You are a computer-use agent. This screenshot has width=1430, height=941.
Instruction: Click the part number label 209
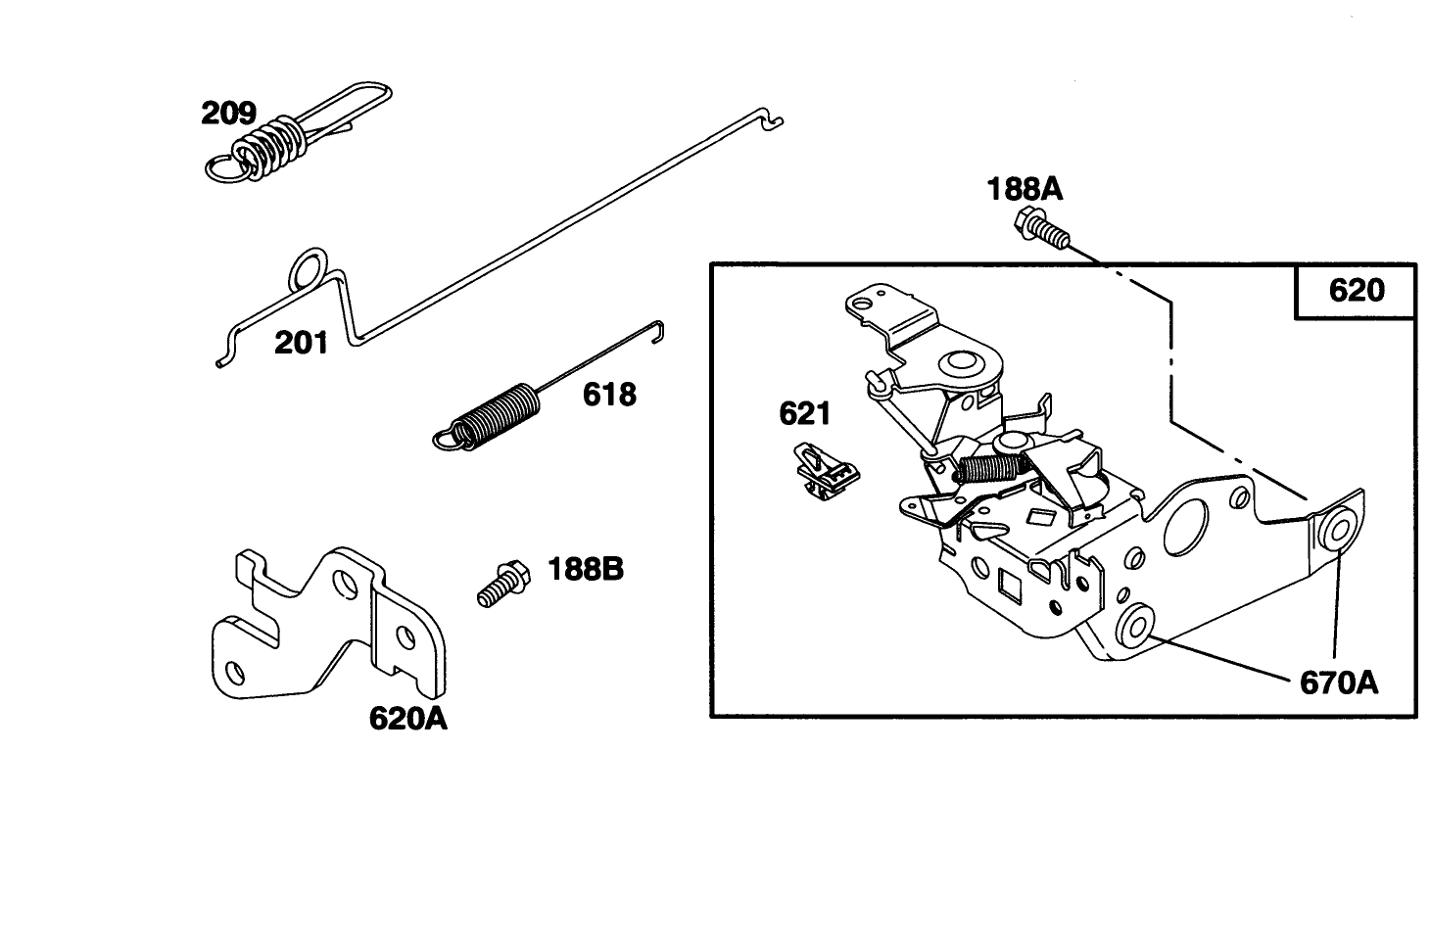[228, 113]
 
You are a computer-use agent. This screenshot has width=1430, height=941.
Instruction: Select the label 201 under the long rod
[301, 343]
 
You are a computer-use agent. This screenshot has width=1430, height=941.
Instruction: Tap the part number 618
[609, 395]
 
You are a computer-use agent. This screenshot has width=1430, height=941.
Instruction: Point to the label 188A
[1024, 189]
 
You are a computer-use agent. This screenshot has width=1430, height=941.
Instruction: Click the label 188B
[585, 568]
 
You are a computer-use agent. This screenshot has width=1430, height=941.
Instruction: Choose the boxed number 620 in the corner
[1357, 290]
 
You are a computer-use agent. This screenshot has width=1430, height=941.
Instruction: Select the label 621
[804, 413]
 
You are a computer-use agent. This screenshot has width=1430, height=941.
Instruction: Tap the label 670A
[1338, 682]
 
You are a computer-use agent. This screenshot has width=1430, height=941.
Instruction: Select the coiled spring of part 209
[269, 145]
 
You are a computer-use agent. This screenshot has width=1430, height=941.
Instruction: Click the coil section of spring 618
[500, 415]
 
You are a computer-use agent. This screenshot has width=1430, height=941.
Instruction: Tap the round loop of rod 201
[309, 268]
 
